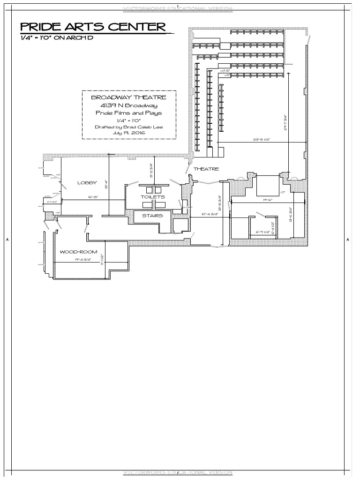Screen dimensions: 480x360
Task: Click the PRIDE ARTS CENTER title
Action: tap(93, 27)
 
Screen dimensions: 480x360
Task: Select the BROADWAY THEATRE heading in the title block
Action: tap(128, 97)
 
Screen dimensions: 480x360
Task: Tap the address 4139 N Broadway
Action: tap(128, 105)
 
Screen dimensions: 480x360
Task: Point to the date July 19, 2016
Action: tap(129, 133)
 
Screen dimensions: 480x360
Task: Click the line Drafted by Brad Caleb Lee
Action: tap(129, 127)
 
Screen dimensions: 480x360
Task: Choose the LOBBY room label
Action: tap(87, 183)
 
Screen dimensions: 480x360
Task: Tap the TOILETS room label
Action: tap(153, 197)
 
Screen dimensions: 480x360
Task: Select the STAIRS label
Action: tap(152, 216)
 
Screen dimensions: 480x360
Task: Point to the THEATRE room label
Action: tap(206, 169)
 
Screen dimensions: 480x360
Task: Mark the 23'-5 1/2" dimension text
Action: tap(262, 139)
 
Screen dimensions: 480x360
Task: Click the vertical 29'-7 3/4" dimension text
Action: tap(285, 123)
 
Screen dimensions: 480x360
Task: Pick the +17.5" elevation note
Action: tap(225, 71)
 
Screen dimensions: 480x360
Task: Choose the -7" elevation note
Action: tap(282, 192)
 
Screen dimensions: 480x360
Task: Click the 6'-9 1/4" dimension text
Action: tap(263, 232)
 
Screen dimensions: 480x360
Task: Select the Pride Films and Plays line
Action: tap(128, 113)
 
